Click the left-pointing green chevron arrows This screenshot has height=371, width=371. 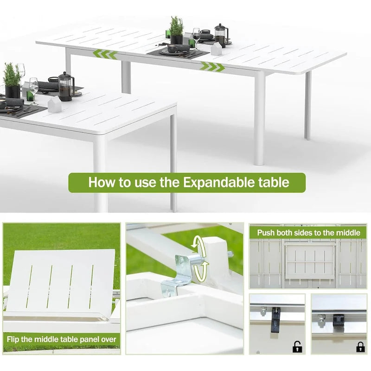[x=105, y=54]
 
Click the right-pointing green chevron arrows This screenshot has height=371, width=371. [x=212, y=67]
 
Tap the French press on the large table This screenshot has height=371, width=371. [x=220, y=35]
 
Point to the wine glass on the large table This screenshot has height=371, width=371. [x=196, y=37]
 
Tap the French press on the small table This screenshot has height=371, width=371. [x=65, y=86]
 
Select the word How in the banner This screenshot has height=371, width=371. [x=102, y=182]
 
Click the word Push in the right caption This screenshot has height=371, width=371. [x=267, y=232]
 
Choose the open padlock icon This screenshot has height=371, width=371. [x=296, y=346]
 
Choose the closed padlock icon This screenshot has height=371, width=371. [x=360, y=346]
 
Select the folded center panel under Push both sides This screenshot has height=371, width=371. [x=310, y=262]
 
